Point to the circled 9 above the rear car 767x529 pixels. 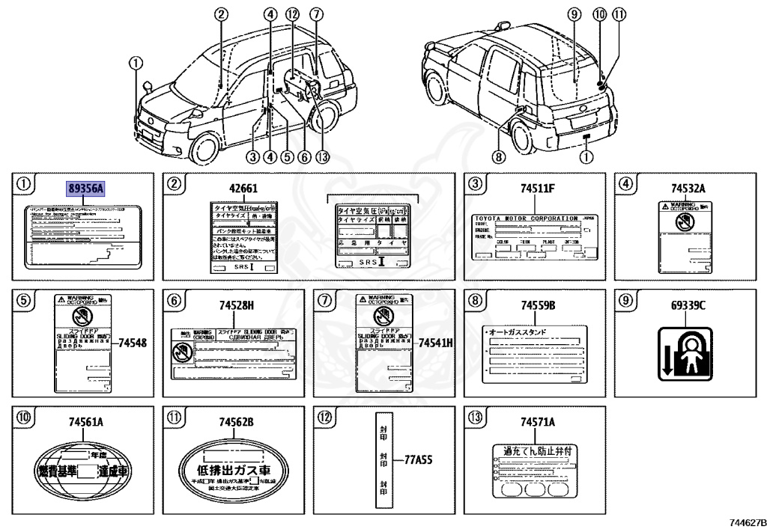coord(575,13)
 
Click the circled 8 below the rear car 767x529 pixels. coord(500,156)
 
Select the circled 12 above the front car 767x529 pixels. coord(292,13)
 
